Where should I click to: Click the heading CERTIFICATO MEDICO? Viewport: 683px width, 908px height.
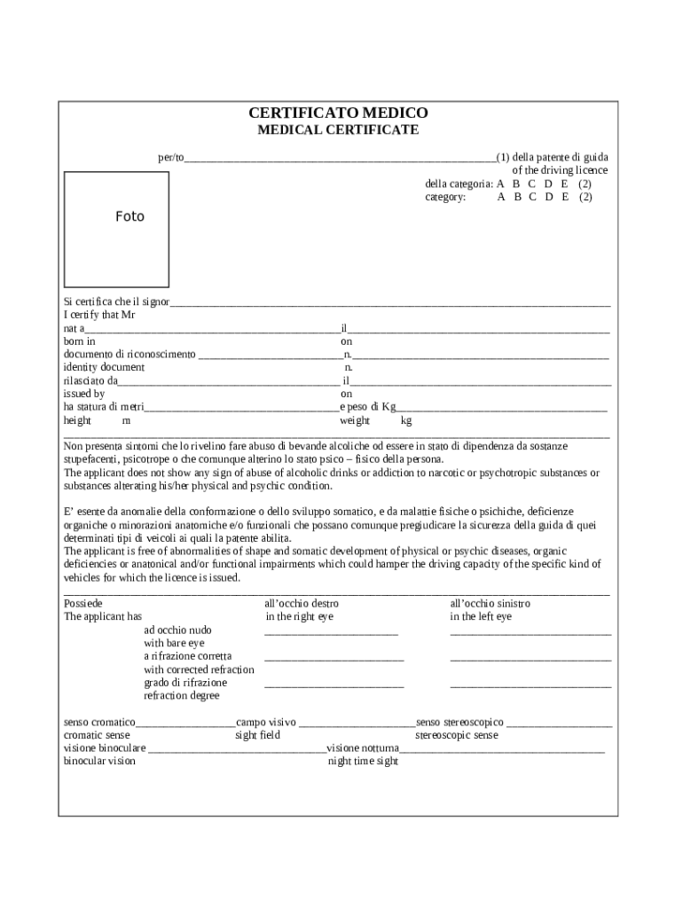point(338,113)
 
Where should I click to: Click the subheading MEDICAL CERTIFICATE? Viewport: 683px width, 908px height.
point(338,130)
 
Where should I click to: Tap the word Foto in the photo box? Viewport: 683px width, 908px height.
point(130,216)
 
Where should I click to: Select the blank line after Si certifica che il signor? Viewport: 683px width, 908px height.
point(390,304)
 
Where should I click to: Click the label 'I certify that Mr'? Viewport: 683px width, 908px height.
point(99,315)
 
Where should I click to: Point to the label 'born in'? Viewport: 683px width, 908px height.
point(80,341)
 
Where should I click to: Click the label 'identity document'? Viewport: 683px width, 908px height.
point(104,367)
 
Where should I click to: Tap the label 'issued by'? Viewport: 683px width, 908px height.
point(84,394)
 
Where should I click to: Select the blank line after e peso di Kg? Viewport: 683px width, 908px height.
point(501,410)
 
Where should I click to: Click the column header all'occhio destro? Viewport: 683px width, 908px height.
point(302,604)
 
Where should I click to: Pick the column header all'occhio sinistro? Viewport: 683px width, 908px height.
point(491,604)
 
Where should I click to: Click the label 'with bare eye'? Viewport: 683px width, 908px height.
point(174,643)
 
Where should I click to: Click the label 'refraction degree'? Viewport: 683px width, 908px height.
point(181,696)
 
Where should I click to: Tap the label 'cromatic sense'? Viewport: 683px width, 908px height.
point(97,735)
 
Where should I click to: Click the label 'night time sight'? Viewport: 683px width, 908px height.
point(363,762)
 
